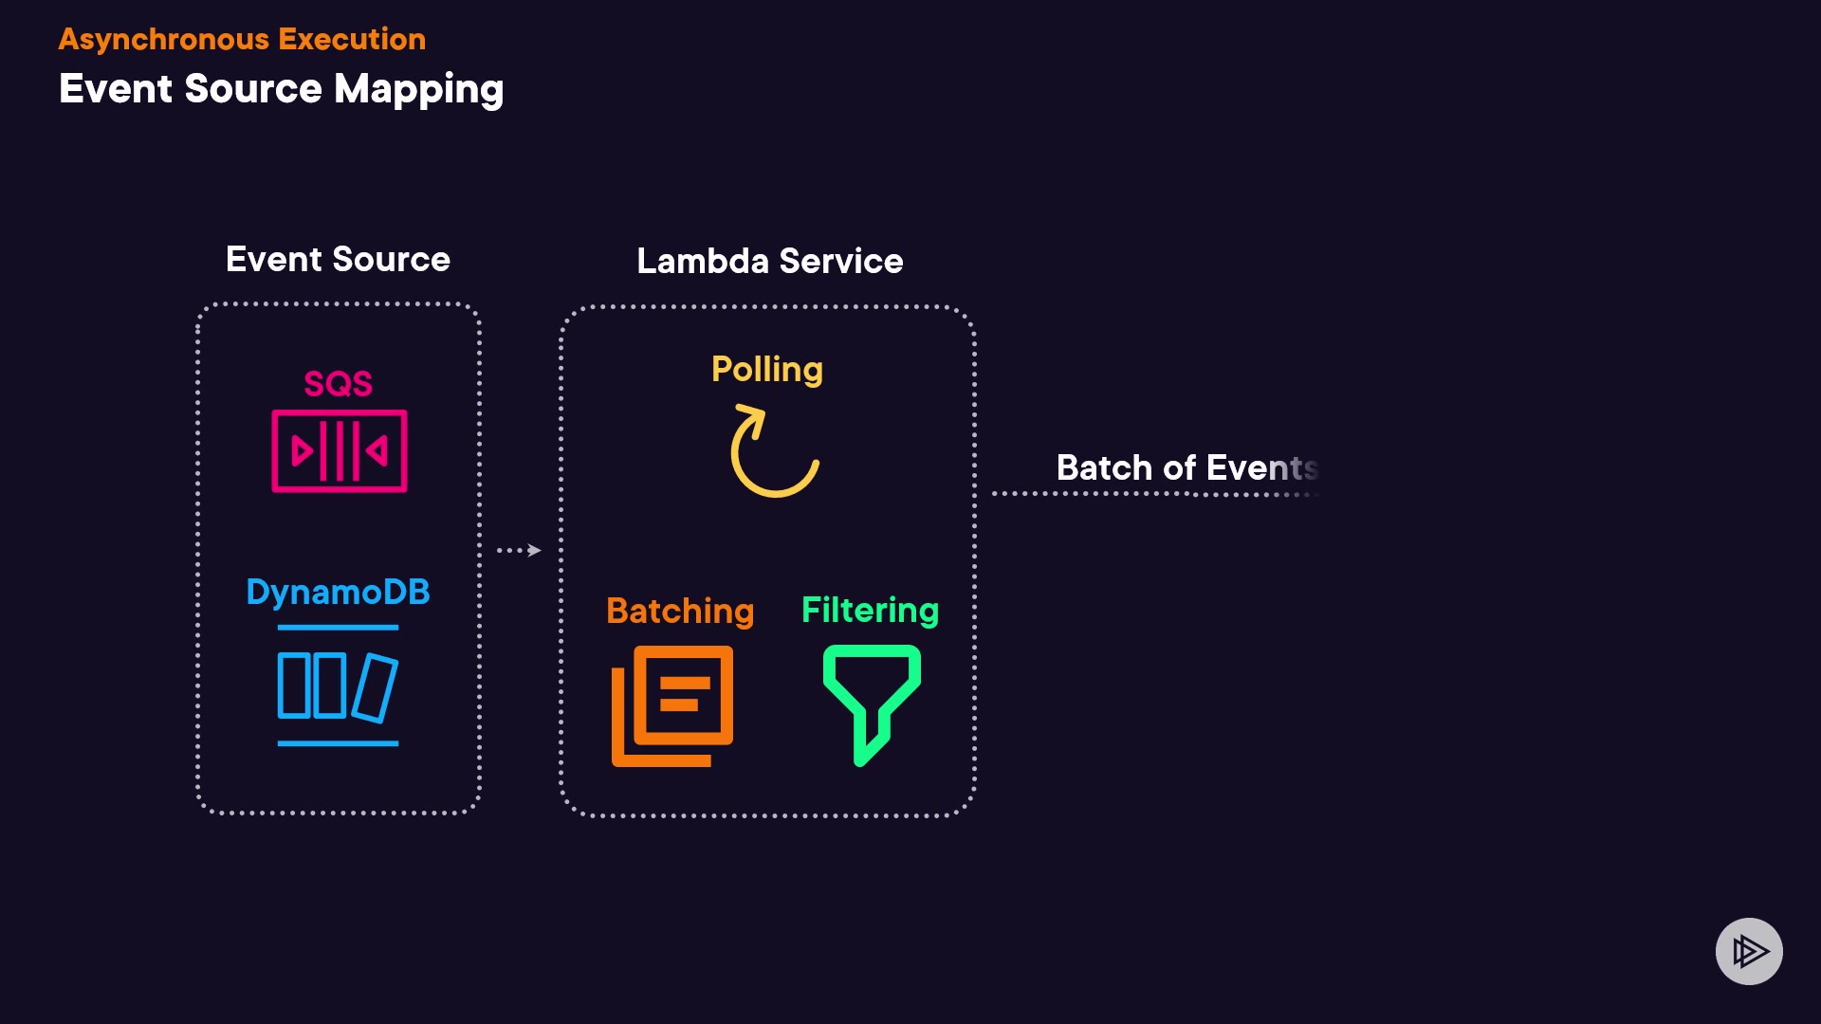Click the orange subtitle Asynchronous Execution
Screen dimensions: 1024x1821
click(x=242, y=39)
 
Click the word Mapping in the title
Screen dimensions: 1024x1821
click(x=418, y=89)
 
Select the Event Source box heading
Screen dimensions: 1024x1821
click(x=338, y=259)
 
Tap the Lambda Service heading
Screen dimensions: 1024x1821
click(x=769, y=261)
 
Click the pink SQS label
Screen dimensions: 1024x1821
click(x=338, y=384)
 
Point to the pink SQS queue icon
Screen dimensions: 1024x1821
click(x=340, y=451)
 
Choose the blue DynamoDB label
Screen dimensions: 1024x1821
click(x=338, y=593)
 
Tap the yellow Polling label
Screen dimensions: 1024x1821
click(x=767, y=369)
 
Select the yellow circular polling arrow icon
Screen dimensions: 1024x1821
click(x=773, y=451)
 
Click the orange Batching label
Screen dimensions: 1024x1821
click(x=680, y=611)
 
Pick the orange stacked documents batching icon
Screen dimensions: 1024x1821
click(x=672, y=705)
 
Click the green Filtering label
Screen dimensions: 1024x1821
click(x=870, y=610)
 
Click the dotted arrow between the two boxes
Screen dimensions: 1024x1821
click(x=519, y=550)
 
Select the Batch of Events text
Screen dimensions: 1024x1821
click(x=1186, y=467)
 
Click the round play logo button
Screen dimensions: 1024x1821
click(x=1749, y=951)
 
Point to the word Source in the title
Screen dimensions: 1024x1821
click(x=253, y=89)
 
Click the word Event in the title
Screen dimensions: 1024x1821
click(x=116, y=89)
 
